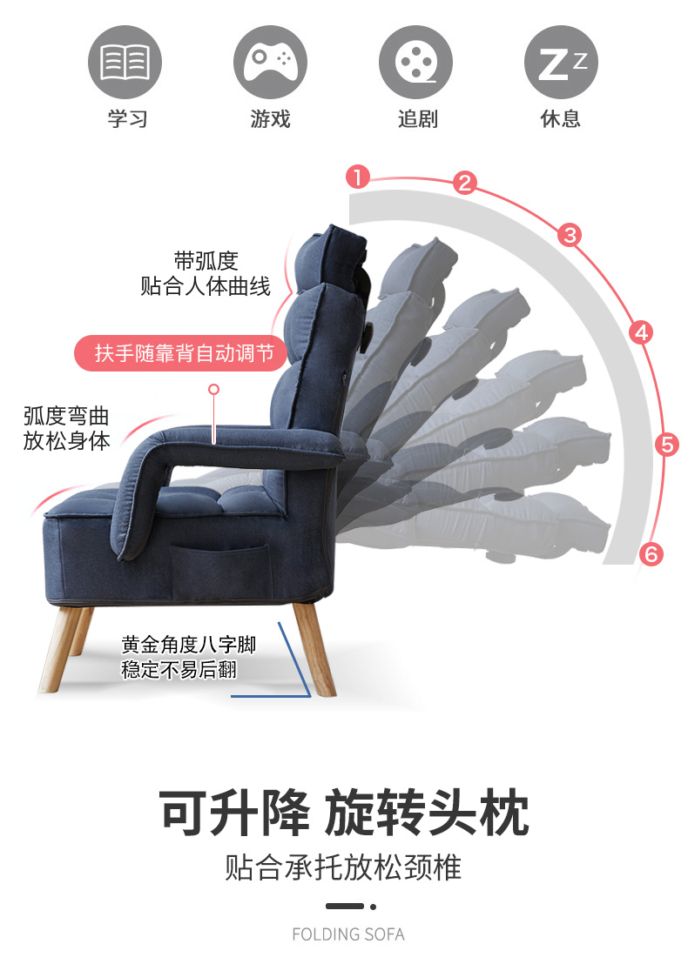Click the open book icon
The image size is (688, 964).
(x=125, y=62)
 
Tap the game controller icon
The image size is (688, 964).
(x=271, y=62)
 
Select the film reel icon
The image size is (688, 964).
(x=416, y=62)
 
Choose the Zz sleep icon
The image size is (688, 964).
(x=561, y=62)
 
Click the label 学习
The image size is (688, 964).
(x=127, y=118)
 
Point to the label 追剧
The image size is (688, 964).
(x=417, y=118)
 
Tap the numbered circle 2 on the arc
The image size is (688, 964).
(x=465, y=183)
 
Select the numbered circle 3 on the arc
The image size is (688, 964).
(x=570, y=234)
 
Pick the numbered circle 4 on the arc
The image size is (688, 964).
(x=641, y=331)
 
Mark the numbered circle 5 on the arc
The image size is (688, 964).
(x=667, y=445)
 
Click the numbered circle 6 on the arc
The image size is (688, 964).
(x=651, y=553)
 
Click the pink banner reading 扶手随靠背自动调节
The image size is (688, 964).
(x=185, y=353)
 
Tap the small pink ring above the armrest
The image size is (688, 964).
(x=213, y=391)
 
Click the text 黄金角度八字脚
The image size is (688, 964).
(x=189, y=646)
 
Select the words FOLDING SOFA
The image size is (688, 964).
(x=348, y=934)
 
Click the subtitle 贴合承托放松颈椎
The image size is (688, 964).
(x=344, y=867)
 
